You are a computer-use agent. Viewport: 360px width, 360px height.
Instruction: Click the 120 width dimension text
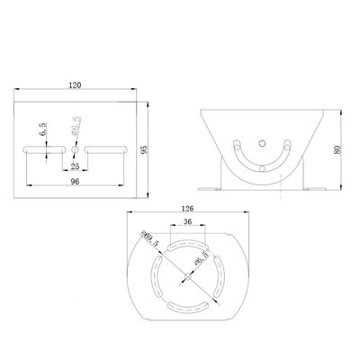coord(75,85)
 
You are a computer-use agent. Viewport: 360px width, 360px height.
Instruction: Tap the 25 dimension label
coord(75,166)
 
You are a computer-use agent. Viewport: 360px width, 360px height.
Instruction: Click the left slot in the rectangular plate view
coord(44,148)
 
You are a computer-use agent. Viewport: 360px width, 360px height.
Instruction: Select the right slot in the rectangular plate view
coord(104,148)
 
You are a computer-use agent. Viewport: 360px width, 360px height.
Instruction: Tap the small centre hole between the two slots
coord(75,148)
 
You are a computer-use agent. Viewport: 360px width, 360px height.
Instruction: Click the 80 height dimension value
coord(337,150)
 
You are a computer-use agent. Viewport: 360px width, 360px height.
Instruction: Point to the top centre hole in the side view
coord(260,141)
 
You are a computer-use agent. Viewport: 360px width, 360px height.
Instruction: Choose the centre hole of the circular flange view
coord(187,274)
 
